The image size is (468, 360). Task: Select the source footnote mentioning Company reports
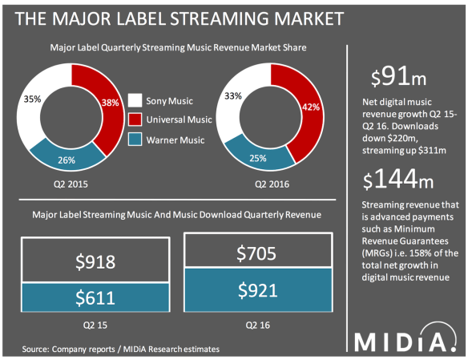(120, 350)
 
